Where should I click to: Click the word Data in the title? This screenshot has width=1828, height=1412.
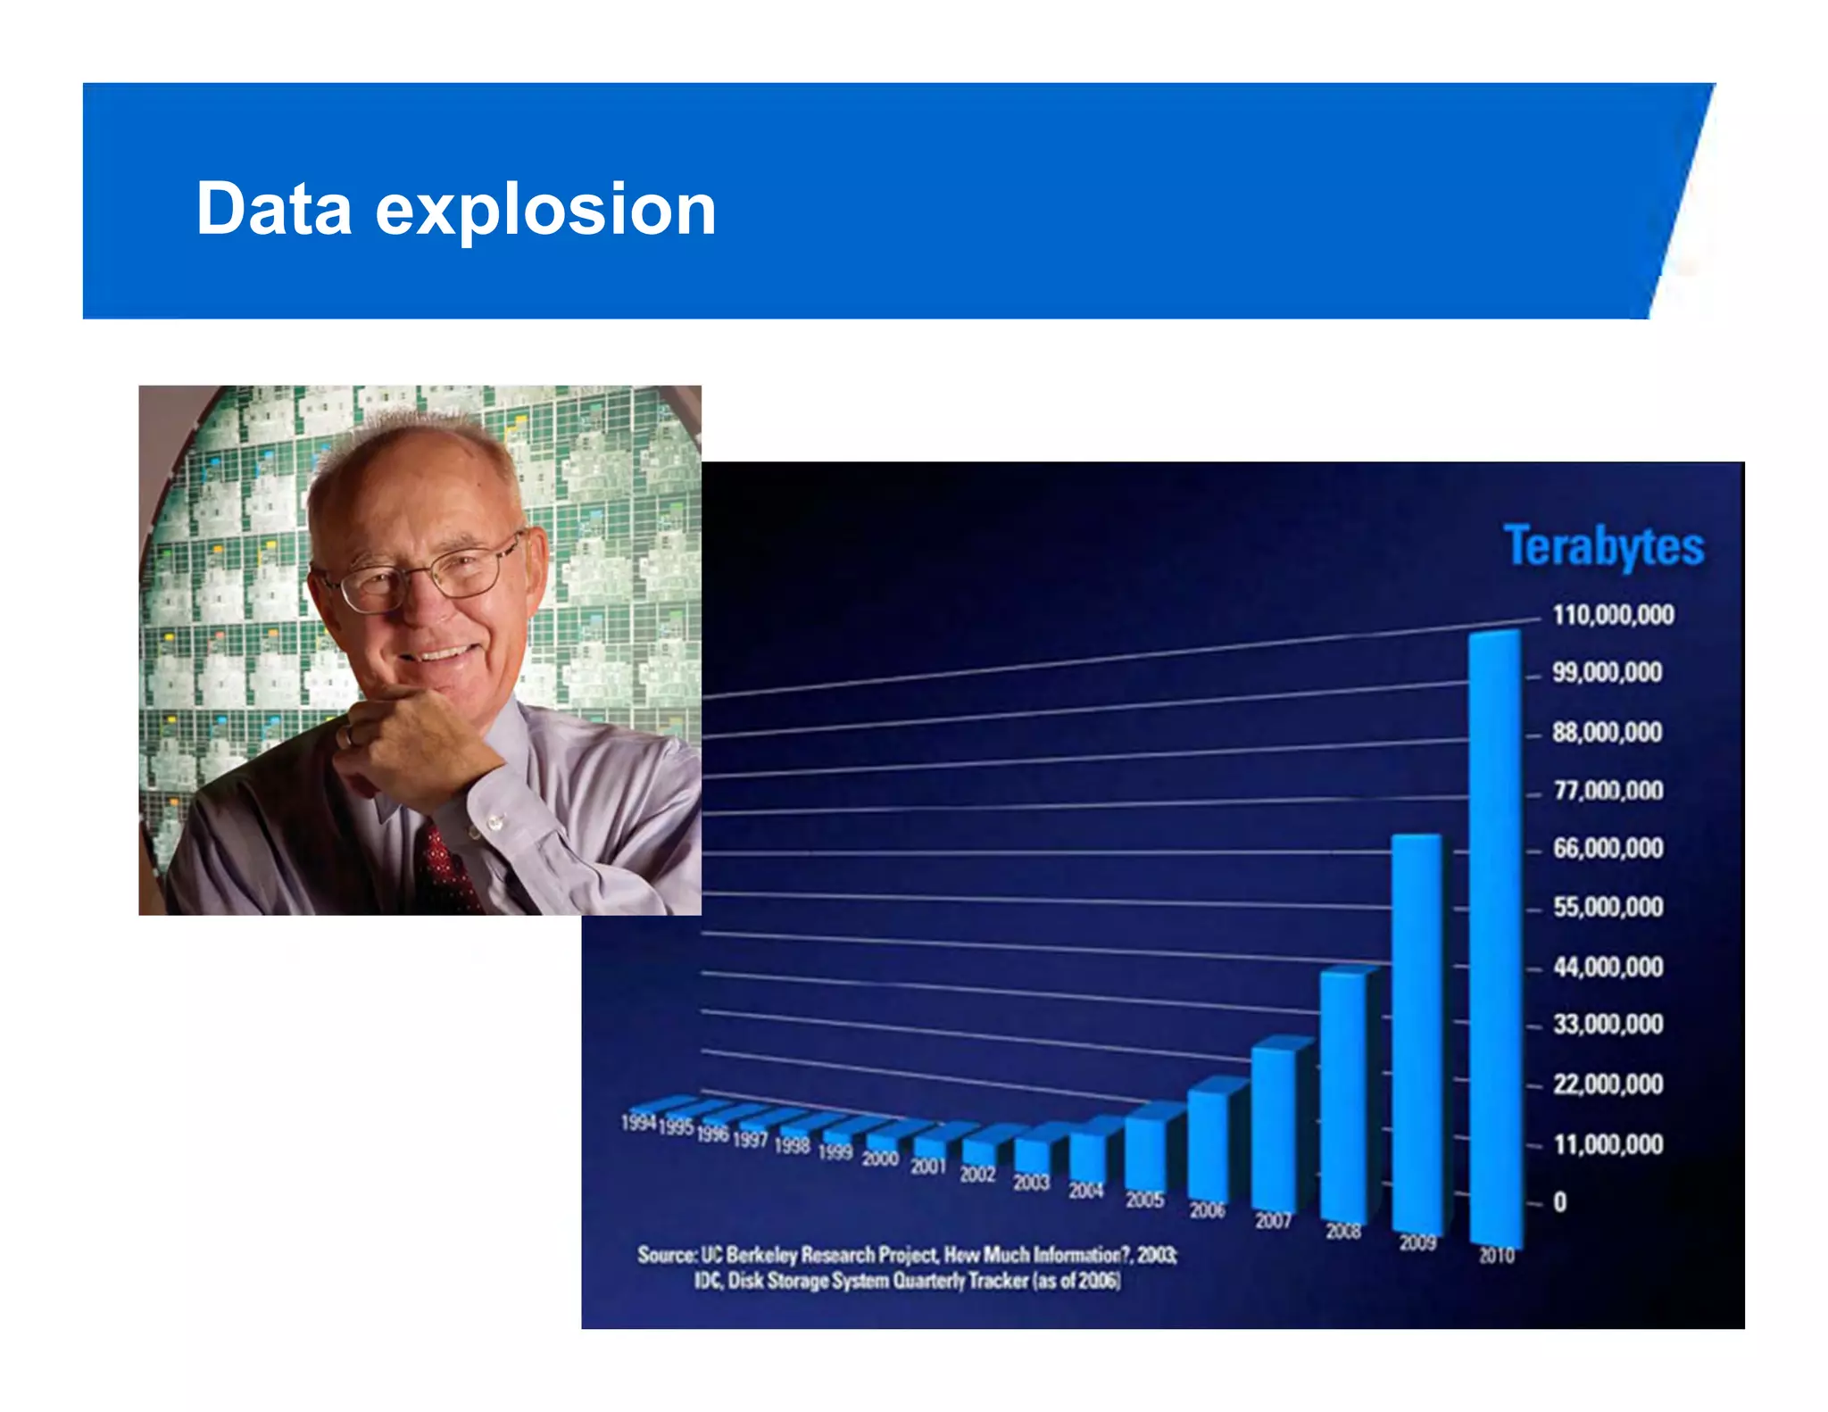[274, 209]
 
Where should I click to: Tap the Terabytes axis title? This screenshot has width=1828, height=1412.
[1603, 546]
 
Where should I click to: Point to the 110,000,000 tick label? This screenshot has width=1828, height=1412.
[1613, 615]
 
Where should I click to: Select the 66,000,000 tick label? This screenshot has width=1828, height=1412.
[1608, 848]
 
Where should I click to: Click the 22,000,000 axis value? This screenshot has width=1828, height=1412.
[1608, 1084]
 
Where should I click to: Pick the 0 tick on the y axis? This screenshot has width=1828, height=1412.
[1559, 1202]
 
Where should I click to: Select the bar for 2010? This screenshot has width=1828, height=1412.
[1495, 937]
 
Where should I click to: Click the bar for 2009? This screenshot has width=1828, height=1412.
[1417, 1035]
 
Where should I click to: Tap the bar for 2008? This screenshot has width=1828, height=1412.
[1343, 1098]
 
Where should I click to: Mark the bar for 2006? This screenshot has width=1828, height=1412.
[1208, 1147]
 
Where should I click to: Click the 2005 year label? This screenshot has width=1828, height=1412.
[1144, 1200]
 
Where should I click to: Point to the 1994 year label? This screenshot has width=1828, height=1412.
[638, 1123]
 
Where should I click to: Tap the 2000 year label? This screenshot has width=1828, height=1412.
[879, 1159]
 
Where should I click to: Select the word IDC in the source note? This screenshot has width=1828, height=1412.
[708, 1282]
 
